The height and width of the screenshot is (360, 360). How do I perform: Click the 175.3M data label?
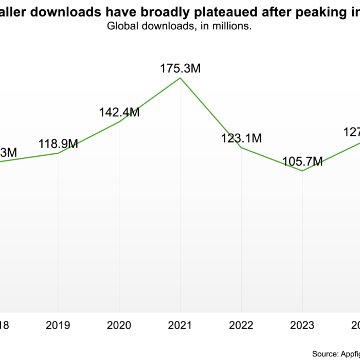pos(180,68)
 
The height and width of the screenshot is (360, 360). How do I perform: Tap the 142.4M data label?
pos(119,112)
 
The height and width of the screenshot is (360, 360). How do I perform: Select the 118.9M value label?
pos(58,143)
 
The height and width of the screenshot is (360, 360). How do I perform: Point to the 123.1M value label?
pos(242,138)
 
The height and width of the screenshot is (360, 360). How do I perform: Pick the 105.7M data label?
pos(302,162)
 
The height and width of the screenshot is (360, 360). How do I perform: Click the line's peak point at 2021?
pos(180,78)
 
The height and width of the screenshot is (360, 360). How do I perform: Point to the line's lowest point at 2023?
pos(302,171)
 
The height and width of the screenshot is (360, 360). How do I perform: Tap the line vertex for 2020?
pos(119,122)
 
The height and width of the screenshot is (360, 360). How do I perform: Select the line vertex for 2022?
pos(241,148)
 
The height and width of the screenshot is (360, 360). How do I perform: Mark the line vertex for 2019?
pos(58,153)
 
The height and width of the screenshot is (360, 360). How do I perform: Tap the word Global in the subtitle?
pos(121,26)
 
